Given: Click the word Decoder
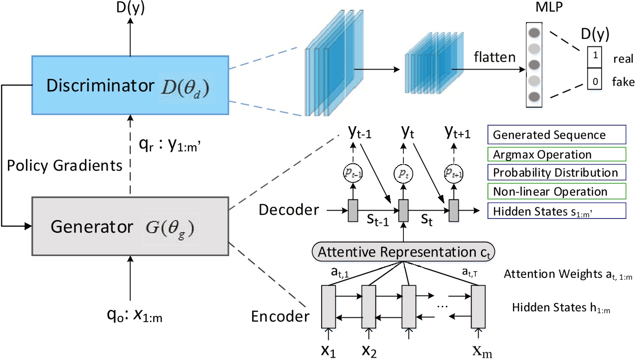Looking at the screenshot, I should click(x=289, y=210).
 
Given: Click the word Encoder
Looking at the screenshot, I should click(x=280, y=317).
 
